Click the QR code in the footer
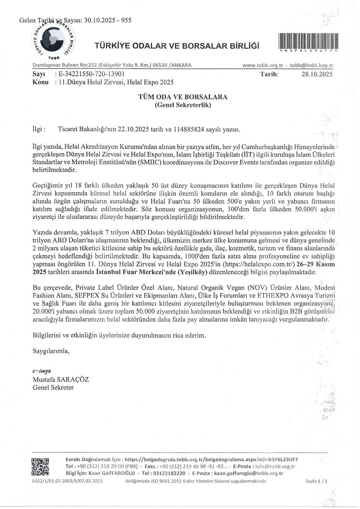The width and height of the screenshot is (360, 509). coord(40,467)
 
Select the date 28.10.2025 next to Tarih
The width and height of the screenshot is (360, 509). coord(317,74)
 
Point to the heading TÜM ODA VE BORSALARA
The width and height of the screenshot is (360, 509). coord(183,97)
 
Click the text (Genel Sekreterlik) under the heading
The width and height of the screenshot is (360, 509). coord(183,104)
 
